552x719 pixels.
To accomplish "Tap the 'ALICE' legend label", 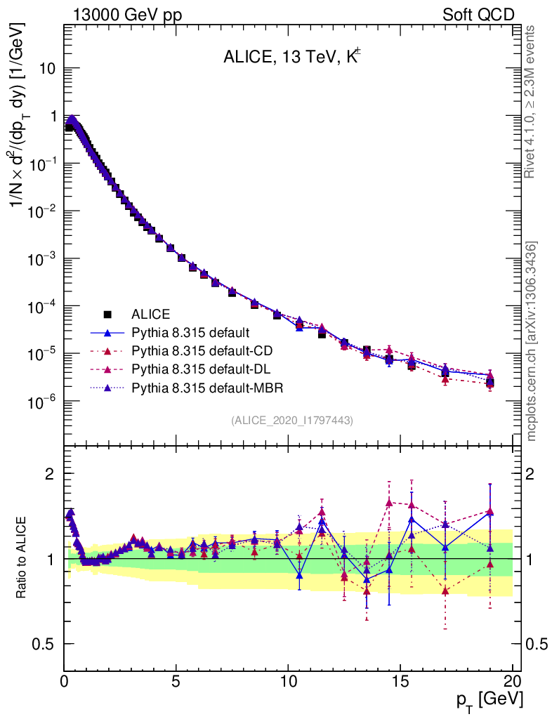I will pyautogui.click(x=151, y=314).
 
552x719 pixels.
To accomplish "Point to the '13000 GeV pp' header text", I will pyautogui.click(x=127, y=15).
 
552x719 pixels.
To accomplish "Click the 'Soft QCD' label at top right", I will pyautogui.click(x=478, y=15).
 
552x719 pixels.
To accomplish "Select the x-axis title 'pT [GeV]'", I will pyautogui.click(x=490, y=699).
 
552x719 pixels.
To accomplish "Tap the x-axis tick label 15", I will pyautogui.click(x=400, y=682).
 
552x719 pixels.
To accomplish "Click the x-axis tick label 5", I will pyautogui.click(x=176, y=682).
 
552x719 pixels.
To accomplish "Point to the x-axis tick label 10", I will pyautogui.click(x=288, y=682).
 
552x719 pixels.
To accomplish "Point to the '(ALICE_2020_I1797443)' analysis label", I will pyautogui.click(x=291, y=420).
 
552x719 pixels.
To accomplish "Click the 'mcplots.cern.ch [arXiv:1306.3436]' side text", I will pyautogui.click(x=533, y=341).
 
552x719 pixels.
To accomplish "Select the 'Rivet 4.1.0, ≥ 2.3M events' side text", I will pyautogui.click(x=532, y=102).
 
